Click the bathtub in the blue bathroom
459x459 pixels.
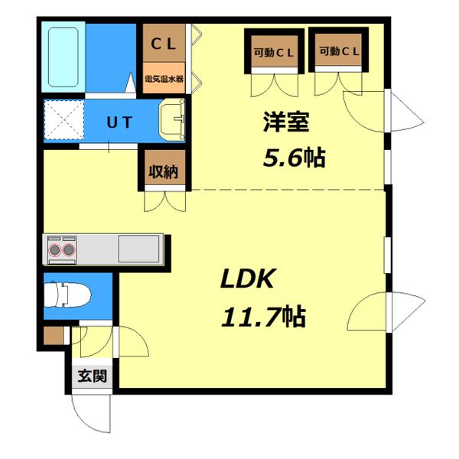point(63,57)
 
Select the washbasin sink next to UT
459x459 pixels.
point(173,121)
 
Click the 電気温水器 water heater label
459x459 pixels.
point(164,78)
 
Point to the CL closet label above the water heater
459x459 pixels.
point(164,44)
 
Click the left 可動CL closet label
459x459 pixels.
point(274,52)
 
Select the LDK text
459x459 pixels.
point(247,279)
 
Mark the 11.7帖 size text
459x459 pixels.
point(263,314)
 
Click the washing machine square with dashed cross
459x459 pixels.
point(62,120)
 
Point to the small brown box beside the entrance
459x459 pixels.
point(52,335)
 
